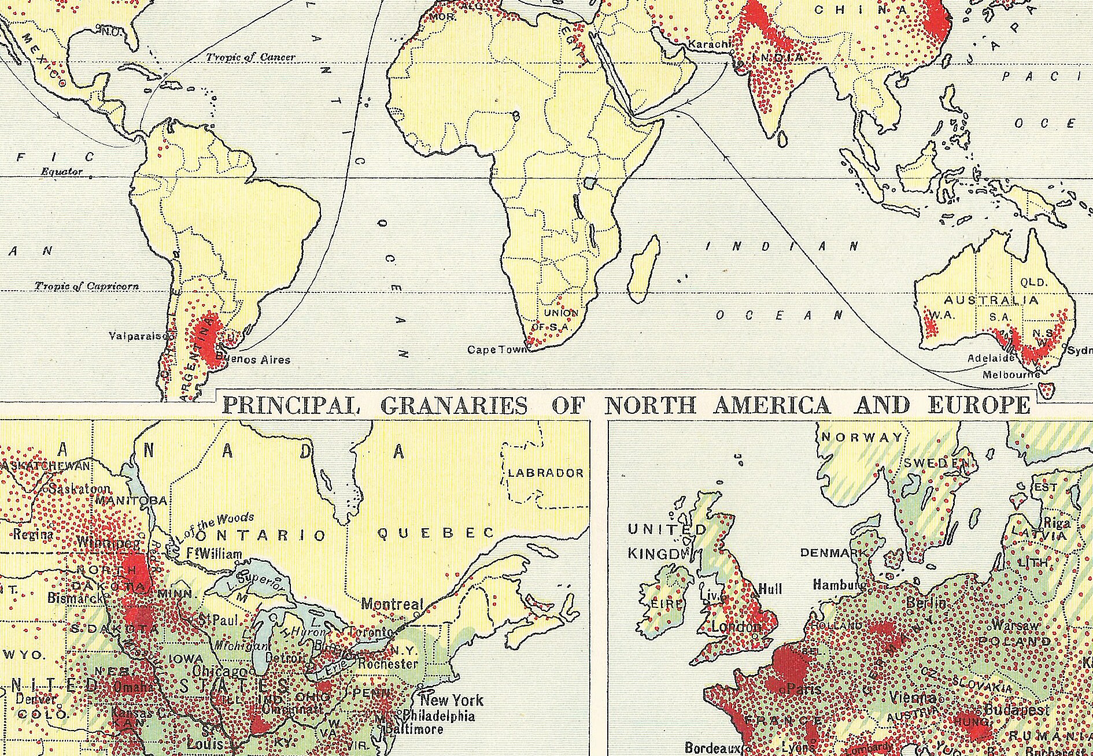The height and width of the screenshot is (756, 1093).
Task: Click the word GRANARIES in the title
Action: coord(455,406)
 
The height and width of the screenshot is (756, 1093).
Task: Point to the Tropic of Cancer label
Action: coord(250,57)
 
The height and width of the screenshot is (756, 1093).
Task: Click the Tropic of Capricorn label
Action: coord(87,286)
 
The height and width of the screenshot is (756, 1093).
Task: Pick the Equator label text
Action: coord(61,172)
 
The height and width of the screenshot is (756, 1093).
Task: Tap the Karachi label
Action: coord(706,44)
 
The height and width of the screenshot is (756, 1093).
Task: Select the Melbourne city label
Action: coord(1011,375)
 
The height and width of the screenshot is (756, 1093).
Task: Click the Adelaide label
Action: coord(991,358)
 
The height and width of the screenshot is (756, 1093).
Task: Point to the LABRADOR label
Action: coord(546,473)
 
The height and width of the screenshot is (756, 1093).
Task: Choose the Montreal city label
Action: coord(392,605)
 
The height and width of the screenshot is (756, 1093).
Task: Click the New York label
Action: coord(451,701)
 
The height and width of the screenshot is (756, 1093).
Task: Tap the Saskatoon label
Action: coord(80,489)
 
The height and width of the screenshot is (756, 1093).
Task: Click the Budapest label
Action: coord(1017,710)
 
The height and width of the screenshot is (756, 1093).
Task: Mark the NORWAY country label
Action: coord(862,438)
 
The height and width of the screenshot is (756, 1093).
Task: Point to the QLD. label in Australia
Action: coord(1033,283)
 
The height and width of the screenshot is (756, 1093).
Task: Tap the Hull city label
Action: coord(770,589)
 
